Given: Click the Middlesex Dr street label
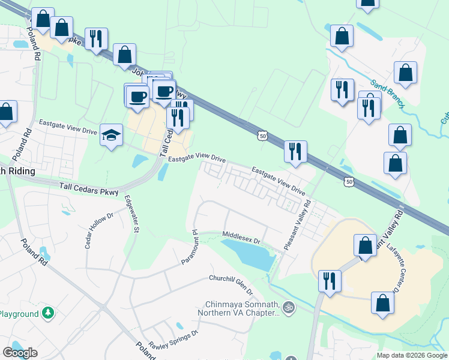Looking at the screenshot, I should click(241, 237).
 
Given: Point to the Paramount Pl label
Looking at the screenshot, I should click(189, 246).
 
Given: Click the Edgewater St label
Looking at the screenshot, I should click(131, 214).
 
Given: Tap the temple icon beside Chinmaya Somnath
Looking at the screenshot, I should click(288, 307).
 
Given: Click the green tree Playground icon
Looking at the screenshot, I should click(47, 313).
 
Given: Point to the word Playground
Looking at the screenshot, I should click(19, 314).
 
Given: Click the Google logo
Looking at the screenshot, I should click(20, 353).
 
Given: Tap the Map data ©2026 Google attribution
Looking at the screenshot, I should click(411, 355).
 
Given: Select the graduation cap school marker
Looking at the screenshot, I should click(112, 135).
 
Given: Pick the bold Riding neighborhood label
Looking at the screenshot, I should click(18, 171).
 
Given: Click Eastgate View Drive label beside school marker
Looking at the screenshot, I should click(68, 127).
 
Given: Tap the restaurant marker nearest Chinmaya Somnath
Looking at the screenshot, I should click(329, 281).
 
